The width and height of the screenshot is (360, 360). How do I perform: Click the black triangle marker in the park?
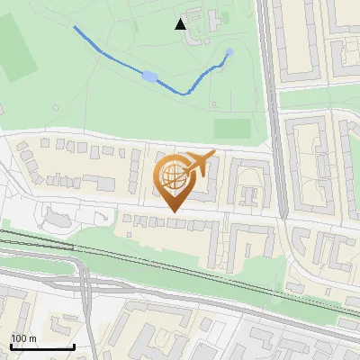(181, 24)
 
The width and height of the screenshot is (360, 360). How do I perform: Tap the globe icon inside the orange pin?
(172, 175)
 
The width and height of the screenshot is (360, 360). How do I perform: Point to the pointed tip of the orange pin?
(172, 211)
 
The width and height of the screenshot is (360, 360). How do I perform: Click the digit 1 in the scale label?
(14, 338)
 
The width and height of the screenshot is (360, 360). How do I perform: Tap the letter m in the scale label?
(31, 338)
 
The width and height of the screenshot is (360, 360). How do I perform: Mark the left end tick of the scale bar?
(10, 346)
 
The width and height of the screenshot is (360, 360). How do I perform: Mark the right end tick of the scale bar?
(74, 346)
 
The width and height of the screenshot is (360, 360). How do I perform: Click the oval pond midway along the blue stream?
(149, 76)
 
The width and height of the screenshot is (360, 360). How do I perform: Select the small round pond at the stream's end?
(229, 52)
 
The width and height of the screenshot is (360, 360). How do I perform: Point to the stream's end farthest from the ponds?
(74, 28)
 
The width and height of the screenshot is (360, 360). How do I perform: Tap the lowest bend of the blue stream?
(185, 93)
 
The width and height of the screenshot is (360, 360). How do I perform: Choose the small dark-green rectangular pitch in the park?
(232, 129)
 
